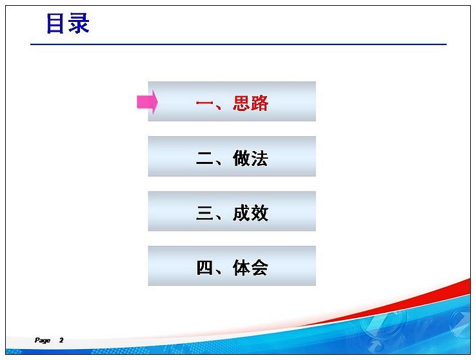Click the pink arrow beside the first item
(x=148, y=102)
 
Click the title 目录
(x=68, y=23)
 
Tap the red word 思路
(x=251, y=103)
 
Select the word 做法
(x=251, y=158)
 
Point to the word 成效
(x=251, y=213)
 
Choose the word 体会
(x=251, y=268)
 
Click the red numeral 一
(x=204, y=103)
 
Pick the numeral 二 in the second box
(x=204, y=159)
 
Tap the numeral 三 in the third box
(x=204, y=213)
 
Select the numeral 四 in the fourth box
(x=204, y=268)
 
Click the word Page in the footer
(x=43, y=340)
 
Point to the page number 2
(x=61, y=340)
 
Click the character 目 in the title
(x=55, y=23)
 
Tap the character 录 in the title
(x=79, y=23)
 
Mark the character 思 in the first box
(x=242, y=103)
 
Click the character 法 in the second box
(x=260, y=158)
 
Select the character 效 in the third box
(x=260, y=213)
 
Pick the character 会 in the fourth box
(x=260, y=268)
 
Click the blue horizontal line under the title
(x=239, y=45)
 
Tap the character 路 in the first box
(x=260, y=103)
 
